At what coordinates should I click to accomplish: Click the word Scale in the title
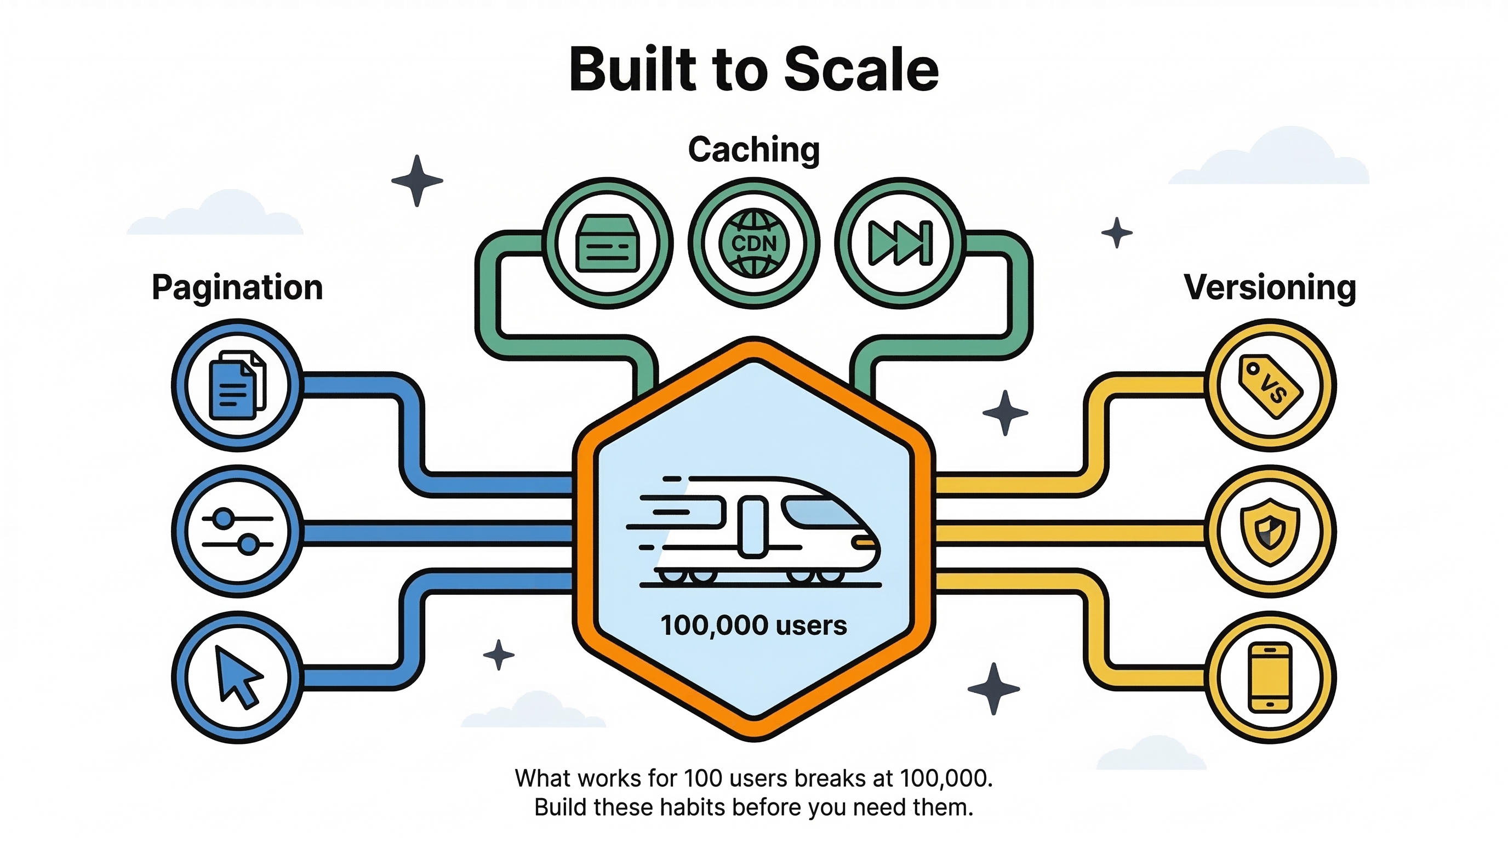click(861, 70)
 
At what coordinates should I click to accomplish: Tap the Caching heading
click(754, 150)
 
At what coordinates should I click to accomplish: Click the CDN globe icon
click(754, 243)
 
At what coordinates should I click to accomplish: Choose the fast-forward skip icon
click(900, 243)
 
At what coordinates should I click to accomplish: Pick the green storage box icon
click(608, 243)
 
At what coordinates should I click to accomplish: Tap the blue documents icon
click(237, 385)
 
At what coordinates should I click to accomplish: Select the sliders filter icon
click(237, 531)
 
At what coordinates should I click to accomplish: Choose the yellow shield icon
click(1270, 532)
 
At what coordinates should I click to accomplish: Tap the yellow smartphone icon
click(1270, 678)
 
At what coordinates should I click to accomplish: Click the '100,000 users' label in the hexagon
click(754, 625)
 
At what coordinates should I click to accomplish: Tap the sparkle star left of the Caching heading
click(417, 180)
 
